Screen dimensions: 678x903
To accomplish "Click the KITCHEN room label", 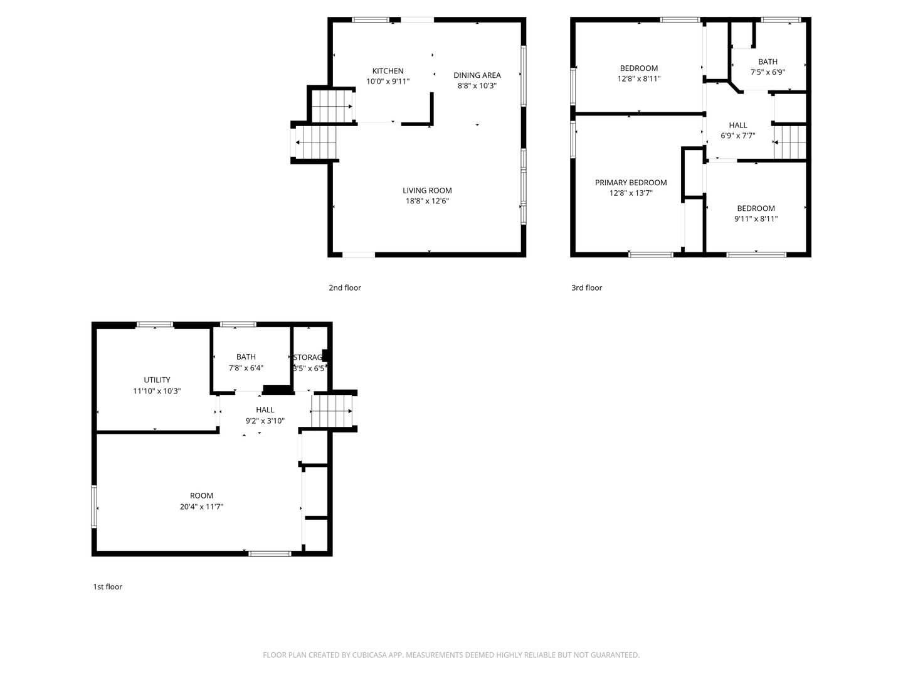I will click(388, 71).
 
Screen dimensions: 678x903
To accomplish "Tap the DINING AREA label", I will click(477, 75).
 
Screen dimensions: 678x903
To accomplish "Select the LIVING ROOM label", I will click(427, 190).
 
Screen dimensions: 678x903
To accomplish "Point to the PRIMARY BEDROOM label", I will click(631, 183).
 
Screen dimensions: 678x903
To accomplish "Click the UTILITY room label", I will click(157, 380).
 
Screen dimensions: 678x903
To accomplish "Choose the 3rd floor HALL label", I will click(738, 125).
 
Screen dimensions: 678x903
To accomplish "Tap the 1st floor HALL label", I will click(265, 410).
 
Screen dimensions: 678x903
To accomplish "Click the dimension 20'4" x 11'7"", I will click(201, 506).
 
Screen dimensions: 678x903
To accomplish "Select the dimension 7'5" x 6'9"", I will click(768, 72).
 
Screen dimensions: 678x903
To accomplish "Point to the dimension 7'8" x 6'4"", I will click(246, 368).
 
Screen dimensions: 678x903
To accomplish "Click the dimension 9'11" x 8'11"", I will click(756, 218).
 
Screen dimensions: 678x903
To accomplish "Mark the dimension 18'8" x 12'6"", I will click(427, 201).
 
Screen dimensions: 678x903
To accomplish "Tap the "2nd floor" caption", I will click(345, 288).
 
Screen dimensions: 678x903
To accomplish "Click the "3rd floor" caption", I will click(586, 288).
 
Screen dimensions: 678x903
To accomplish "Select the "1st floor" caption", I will click(108, 586).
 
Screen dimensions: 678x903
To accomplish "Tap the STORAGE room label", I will click(309, 357).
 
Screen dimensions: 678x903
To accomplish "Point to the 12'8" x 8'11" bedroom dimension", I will click(639, 78).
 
